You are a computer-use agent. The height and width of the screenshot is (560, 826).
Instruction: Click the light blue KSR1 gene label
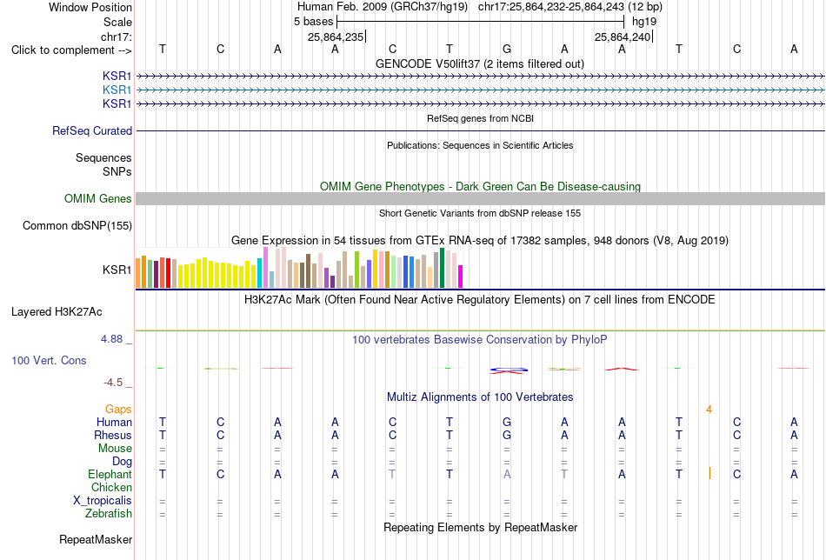coord(117,90)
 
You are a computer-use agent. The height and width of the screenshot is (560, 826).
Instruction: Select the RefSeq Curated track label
coord(92,130)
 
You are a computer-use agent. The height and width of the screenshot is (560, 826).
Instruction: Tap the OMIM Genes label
coord(98,198)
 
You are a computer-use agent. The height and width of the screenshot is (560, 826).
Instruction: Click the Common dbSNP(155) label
coord(77,225)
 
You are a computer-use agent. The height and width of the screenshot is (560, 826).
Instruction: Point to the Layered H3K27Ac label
coord(57,312)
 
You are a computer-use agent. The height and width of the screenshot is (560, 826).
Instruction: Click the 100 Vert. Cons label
coord(49,360)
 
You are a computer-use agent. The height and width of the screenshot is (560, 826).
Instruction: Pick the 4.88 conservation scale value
coord(112,339)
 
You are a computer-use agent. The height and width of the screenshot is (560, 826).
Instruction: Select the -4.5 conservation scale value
coord(113,383)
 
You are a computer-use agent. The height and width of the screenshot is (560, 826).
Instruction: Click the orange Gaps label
coord(118,410)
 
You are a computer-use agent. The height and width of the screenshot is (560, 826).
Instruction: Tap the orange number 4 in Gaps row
coord(709,410)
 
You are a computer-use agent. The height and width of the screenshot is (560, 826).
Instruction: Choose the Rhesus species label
coord(113,435)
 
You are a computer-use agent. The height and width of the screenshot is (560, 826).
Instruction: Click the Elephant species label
coord(110,474)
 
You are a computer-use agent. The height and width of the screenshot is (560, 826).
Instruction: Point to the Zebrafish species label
coord(109,513)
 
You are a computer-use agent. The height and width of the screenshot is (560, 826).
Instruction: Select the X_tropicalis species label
coord(103,501)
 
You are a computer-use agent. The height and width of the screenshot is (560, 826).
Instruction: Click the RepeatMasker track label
coord(96,539)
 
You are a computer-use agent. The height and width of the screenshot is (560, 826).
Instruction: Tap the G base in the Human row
coord(507,422)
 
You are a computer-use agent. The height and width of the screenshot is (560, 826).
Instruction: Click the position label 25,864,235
coord(336,37)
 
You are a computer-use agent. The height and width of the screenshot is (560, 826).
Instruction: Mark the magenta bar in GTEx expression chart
coord(461,277)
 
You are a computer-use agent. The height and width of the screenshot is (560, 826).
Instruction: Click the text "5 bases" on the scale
coord(314,22)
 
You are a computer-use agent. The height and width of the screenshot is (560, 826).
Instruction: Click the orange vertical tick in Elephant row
coord(709,473)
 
